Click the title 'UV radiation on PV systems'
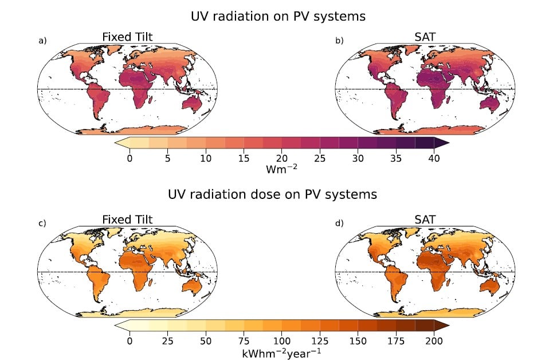[278, 17]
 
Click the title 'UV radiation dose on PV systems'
[273, 195]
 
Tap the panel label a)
[42, 41]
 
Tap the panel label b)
[339, 41]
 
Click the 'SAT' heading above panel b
[425, 37]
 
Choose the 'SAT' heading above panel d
[425, 220]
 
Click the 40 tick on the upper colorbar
[434, 159]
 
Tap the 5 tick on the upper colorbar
[167, 159]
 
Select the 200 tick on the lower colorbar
[434, 341]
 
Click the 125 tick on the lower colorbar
[320, 341]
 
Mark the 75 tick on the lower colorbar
[244, 341]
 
